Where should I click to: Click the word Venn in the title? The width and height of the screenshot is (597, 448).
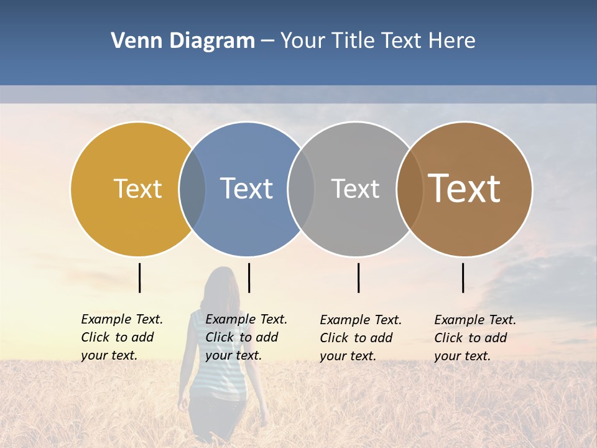(134, 41)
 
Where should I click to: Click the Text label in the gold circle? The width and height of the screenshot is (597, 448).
(137, 189)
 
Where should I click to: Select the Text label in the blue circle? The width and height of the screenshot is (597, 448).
(246, 189)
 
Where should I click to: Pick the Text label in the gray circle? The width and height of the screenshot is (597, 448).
(355, 189)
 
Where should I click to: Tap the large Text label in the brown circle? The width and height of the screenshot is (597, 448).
(465, 189)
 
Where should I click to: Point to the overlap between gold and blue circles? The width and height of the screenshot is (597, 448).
(192, 189)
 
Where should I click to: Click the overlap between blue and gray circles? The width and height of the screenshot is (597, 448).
(301, 189)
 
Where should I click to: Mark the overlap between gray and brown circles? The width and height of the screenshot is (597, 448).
(410, 189)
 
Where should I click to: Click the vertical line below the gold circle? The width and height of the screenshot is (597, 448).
(139, 278)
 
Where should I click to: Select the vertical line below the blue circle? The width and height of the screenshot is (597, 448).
(249, 278)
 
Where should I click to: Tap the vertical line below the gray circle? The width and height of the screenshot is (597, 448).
(358, 278)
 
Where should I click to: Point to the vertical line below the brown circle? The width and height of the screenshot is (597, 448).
(463, 278)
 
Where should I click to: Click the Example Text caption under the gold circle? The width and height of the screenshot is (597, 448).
(122, 337)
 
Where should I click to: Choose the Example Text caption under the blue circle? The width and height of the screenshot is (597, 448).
(246, 337)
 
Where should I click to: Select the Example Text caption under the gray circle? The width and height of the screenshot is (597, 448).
(361, 338)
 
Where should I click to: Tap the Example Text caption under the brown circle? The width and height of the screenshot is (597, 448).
(475, 338)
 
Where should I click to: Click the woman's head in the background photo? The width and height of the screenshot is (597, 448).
(222, 283)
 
